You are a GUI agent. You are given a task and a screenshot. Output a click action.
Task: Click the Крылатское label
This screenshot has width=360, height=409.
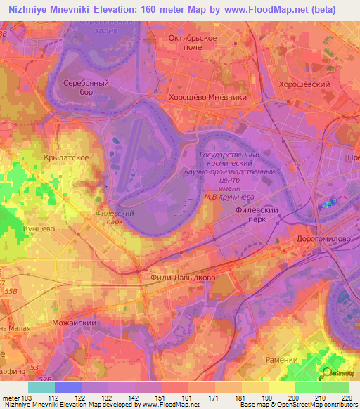coord(65,158)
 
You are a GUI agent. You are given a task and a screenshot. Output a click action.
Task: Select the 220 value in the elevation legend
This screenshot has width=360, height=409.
coord(346,398)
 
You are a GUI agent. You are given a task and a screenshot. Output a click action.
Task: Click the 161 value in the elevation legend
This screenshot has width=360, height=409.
coord(186,398)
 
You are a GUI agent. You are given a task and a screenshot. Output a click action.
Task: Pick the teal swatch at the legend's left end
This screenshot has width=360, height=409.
coord(41,387)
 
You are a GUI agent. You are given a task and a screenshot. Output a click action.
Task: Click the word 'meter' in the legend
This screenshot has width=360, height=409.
coord(10,398)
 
